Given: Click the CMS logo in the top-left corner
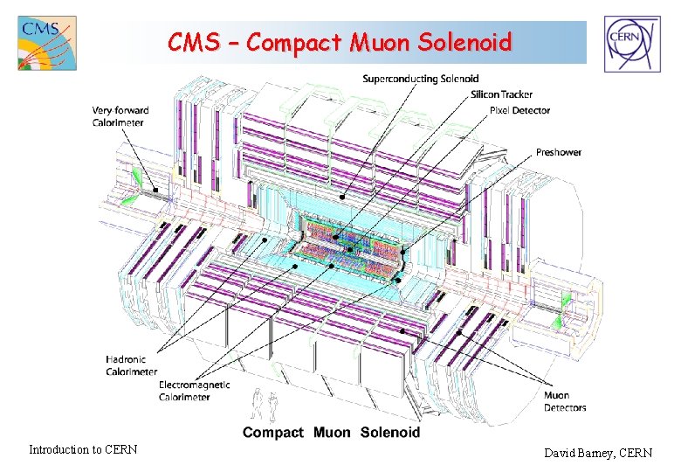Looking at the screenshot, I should [x=46, y=42].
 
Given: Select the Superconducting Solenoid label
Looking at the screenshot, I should [x=421, y=79].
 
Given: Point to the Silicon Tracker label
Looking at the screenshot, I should [x=502, y=94].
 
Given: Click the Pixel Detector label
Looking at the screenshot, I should [x=520, y=110].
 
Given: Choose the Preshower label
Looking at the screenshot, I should [x=559, y=152].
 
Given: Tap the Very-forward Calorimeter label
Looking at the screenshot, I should [x=120, y=116].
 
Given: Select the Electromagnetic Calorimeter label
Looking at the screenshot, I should [x=195, y=391].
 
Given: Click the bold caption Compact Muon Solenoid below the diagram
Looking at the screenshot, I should [x=331, y=432].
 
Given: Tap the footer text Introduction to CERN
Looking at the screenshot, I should [x=83, y=450].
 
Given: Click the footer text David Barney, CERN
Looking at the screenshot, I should [x=598, y=453].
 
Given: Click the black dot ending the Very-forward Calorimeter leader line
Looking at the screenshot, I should [x=155, y=190].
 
